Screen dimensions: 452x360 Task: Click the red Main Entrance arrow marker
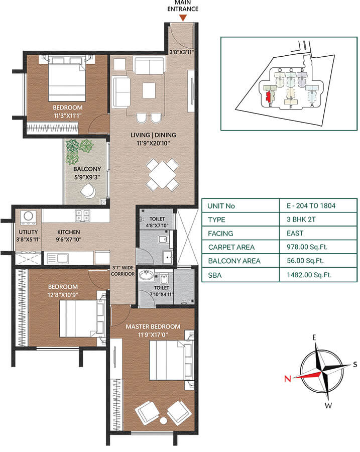(x=183, y=18)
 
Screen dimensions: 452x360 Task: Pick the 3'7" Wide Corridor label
(x=123, y=271)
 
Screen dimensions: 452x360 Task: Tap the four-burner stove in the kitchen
(x=82, y=216)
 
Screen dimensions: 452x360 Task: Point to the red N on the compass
(x=288, y=379)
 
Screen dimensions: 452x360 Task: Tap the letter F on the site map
(x=291, y=106)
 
